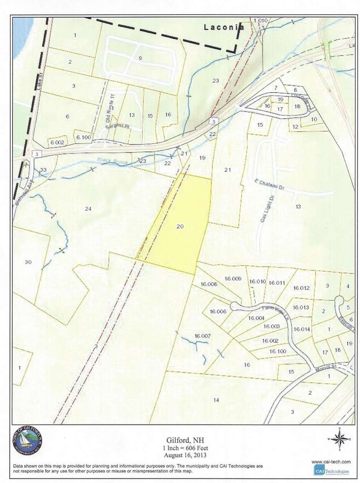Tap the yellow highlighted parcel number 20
tap(180, 227)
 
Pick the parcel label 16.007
tap(203, 336)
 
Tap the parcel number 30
tap(27, 262)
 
